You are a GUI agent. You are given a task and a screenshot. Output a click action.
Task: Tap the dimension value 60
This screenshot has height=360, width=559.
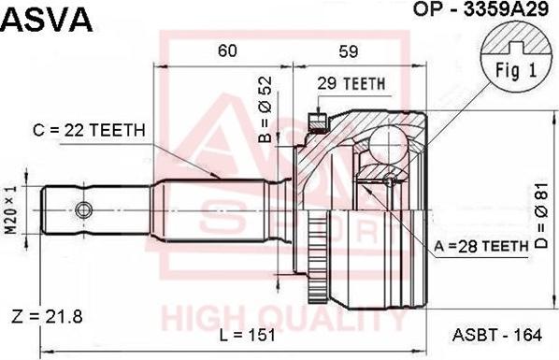pyautogui.click(x=226, y=52)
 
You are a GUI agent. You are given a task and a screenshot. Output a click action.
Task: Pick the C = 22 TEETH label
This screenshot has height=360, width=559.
pyautogui.click(x=89, y=130)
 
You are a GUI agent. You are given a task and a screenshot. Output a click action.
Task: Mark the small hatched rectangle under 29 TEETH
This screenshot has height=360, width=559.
pyautogui.click(x=315, y=119)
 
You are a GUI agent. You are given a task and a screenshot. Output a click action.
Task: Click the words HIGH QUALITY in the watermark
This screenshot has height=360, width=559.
pyautogui.click(x=285, y=319)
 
